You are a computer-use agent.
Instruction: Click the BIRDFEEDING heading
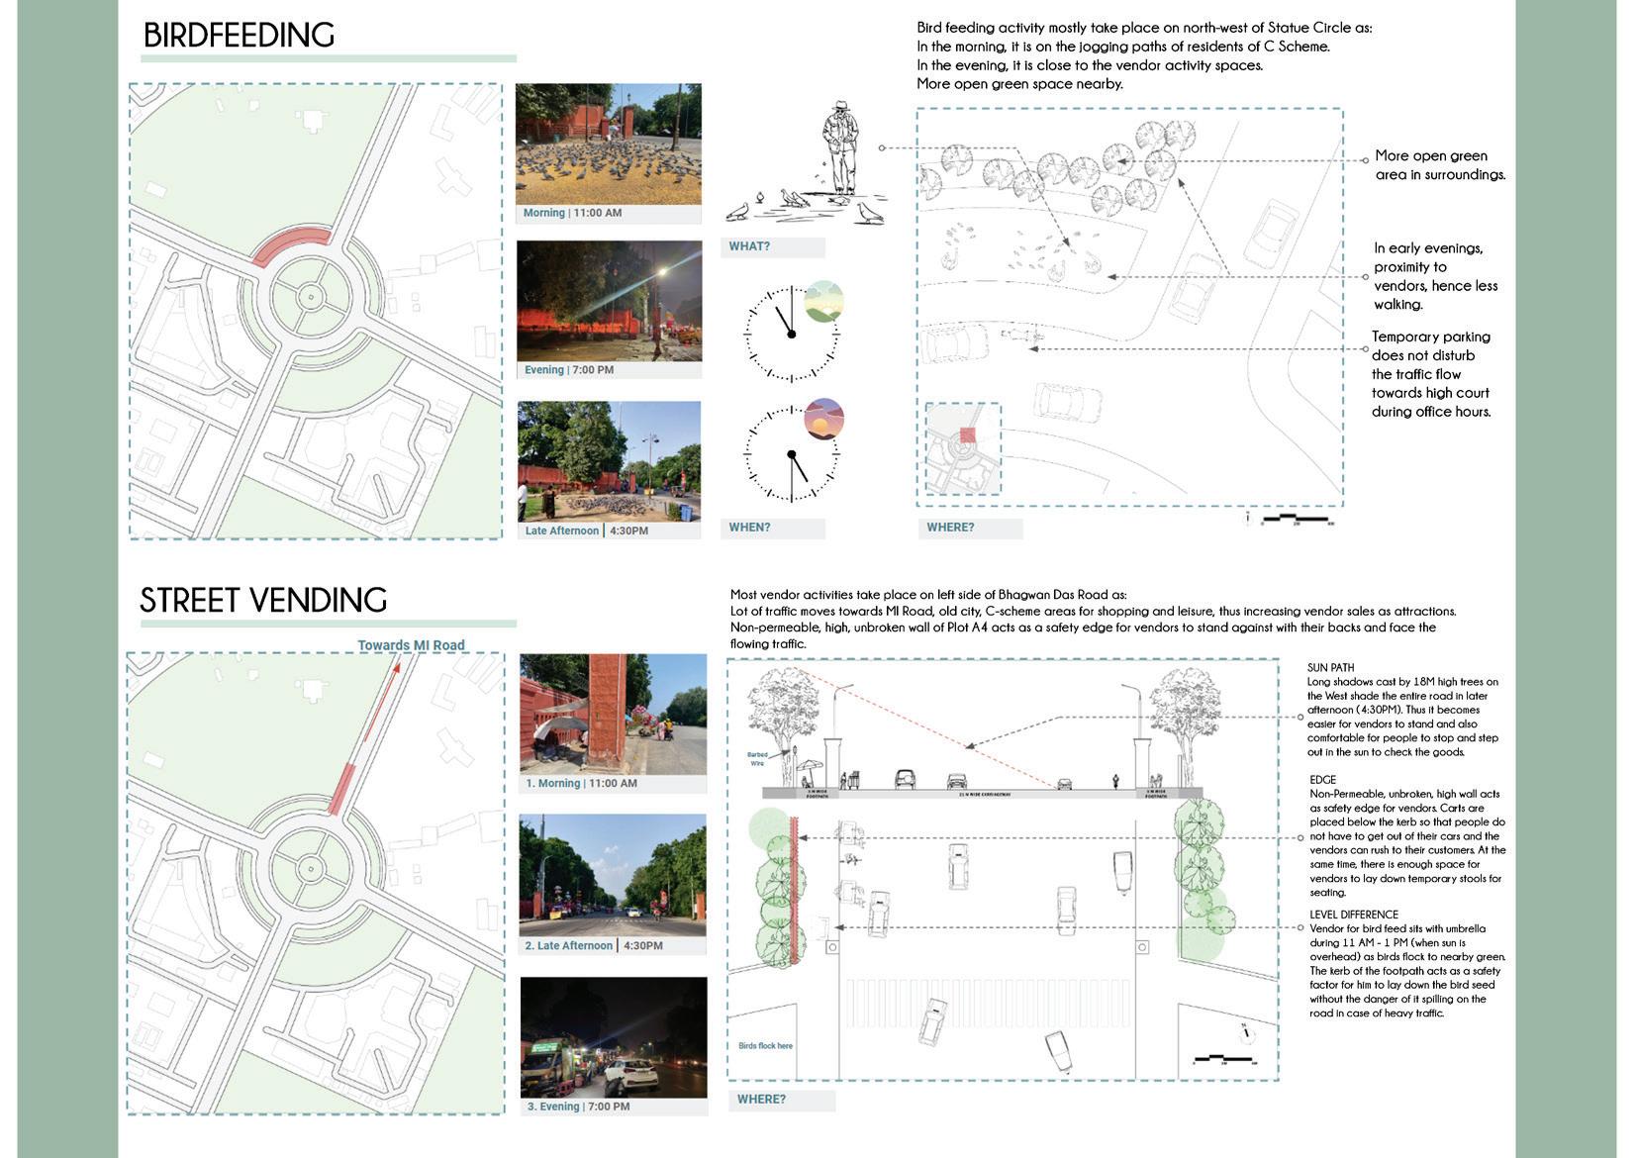pos(239,36)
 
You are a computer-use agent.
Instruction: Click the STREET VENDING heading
pos(263,601)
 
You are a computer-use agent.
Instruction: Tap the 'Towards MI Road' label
pos(411,645)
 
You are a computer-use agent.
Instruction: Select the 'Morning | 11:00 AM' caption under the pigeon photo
pos(573,213)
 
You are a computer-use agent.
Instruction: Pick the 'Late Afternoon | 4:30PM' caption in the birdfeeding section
pos(587,531)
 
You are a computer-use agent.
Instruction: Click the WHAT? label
pos(749,246)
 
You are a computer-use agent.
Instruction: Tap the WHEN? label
pos(749,528)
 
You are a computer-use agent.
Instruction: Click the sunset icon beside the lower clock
pos(823,419)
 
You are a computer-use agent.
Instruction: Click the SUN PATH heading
pos(1330,668)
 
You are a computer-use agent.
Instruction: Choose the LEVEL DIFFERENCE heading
pos(1354,915)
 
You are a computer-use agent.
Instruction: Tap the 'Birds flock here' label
pos(765,1045)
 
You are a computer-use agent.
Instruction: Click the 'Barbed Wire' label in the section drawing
pos(757,759)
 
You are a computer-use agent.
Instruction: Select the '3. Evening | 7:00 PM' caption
pos(578,1107)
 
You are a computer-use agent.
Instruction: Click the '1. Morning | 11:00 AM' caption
pos(581,783)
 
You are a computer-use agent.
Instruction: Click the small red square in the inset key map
pos(967,434)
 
